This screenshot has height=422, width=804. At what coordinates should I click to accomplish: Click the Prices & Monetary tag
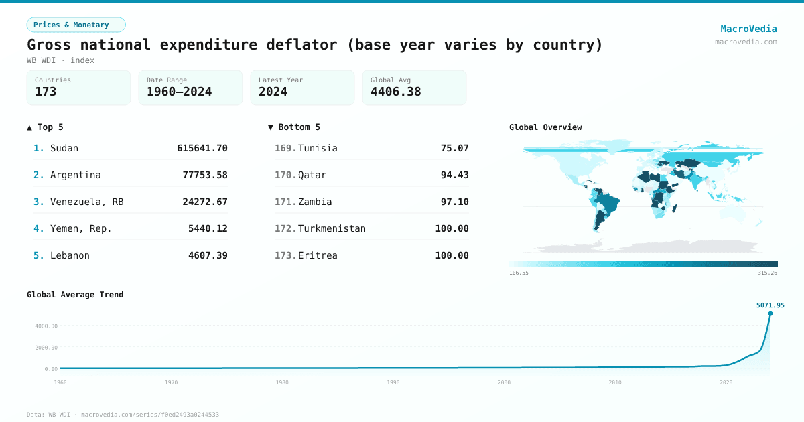click(76, 25)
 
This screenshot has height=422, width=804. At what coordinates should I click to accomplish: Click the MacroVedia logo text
click(748, 29)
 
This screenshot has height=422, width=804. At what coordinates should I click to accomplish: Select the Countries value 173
click(46, 92)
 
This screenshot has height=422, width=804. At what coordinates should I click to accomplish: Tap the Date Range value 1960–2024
click(179, 92)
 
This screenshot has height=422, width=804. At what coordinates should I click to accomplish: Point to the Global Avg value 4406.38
click(395, 92)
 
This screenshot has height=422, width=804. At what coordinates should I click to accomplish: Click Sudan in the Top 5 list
click(64, 148)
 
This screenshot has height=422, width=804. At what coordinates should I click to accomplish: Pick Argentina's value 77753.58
click(205, 175)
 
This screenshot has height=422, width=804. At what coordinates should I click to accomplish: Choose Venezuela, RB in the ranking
click(86, 202)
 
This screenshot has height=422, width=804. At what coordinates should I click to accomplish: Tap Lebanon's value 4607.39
click(208, 255)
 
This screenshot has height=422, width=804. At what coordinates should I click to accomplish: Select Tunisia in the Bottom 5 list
click(318, 148)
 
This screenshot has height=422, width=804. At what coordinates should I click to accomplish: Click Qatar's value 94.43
click(454, 175)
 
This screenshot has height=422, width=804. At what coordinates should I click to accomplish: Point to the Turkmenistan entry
click(332, 228)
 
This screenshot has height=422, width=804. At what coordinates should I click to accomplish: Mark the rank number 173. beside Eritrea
click(285, 255)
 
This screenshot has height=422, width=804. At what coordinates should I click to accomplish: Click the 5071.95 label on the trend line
click(770, 305)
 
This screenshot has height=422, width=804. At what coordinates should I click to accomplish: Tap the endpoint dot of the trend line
click(770, 313)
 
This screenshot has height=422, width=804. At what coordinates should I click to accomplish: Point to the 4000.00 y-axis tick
click(46, 326)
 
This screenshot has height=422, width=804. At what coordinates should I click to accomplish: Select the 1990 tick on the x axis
click(393, 382)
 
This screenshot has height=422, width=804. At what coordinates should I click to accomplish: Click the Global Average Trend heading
click(75, 295)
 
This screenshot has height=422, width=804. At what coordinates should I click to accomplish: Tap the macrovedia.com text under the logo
click(746, 42)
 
